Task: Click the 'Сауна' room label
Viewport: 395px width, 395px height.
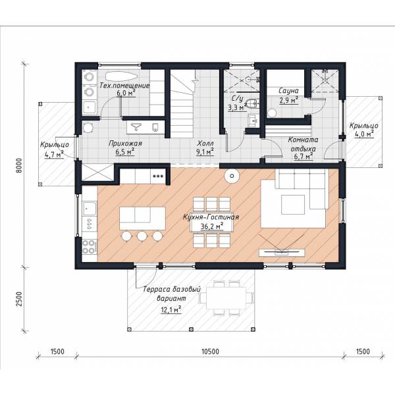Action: pos(288,90)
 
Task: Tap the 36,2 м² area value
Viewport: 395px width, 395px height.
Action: pos(212,226)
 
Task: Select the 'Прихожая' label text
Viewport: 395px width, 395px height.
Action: pos(125,144)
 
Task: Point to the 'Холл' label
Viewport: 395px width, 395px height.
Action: pos(205,144)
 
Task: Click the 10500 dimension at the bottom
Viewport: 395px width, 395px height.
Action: pos(211,352)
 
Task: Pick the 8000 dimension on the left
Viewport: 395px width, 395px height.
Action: pos(19,165)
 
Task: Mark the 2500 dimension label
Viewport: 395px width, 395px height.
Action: pos(19,299)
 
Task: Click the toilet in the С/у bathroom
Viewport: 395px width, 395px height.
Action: pos(252,103)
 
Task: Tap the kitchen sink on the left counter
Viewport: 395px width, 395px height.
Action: pos(89,208)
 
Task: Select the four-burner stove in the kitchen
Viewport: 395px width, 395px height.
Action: pos(89,247)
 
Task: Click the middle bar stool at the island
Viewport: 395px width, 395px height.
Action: pos(142,236)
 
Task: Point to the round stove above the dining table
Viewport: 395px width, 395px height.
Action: pos(232,176)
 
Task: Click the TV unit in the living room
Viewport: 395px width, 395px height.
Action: pos(282,253)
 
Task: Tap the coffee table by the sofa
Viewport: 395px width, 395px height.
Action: pos(293,205)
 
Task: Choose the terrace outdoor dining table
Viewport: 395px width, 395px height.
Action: pos(226,298)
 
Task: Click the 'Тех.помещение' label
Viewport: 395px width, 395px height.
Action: pos(124,86)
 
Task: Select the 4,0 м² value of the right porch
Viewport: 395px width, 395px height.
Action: pos(364,134)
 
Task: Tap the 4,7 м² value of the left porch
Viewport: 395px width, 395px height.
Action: pos(54,154)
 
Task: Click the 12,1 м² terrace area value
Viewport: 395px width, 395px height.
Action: pos(171,309)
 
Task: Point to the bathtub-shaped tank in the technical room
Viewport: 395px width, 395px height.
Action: pos(121,76)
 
